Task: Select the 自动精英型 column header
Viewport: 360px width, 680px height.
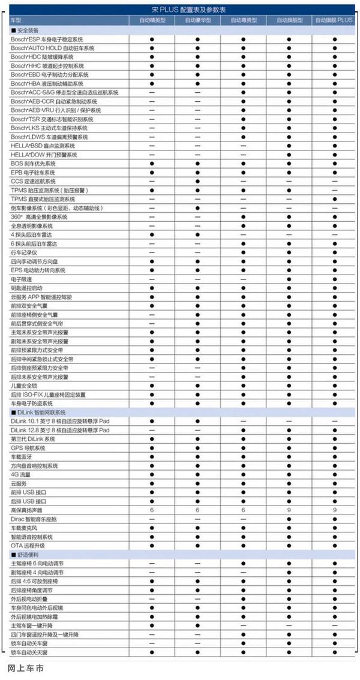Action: (x=152, y=20)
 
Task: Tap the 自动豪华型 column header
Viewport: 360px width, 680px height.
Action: (x=197, y=20)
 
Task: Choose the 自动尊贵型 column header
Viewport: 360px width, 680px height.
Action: (x=243, y=20)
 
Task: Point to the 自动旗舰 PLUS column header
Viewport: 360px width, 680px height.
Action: (x=334, y=20)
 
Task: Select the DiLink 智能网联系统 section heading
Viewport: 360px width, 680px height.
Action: (x=38, y=413)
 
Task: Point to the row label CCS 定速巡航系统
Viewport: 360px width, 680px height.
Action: (x=33, y=181)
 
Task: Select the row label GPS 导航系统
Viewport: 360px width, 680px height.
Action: (x=28, y=448)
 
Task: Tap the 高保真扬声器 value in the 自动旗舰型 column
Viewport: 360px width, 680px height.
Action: (x=289, y=510)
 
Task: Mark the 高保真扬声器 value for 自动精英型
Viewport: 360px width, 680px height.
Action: (x=152, y=510)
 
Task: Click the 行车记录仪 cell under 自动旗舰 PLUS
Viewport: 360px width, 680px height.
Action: (x=334, y=252)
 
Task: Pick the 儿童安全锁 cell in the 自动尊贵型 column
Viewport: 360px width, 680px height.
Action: (x=243, y=386)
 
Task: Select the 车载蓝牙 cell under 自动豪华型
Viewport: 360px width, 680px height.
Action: (x=197, y=457)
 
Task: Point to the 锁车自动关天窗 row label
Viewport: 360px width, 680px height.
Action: (x=33, y=652)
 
